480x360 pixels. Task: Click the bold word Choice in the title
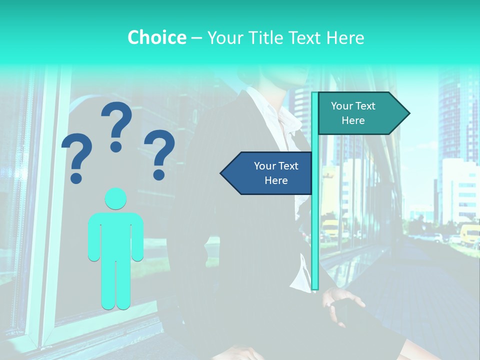coord(156,37)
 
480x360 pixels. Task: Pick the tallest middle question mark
coord(116,125)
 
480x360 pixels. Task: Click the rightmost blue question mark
coord(159,154)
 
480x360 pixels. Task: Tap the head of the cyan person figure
coord(115,198)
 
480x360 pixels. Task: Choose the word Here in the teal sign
coord(353,120)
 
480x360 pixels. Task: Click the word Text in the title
coord(305,38)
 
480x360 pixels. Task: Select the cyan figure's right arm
coord(93,237)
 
